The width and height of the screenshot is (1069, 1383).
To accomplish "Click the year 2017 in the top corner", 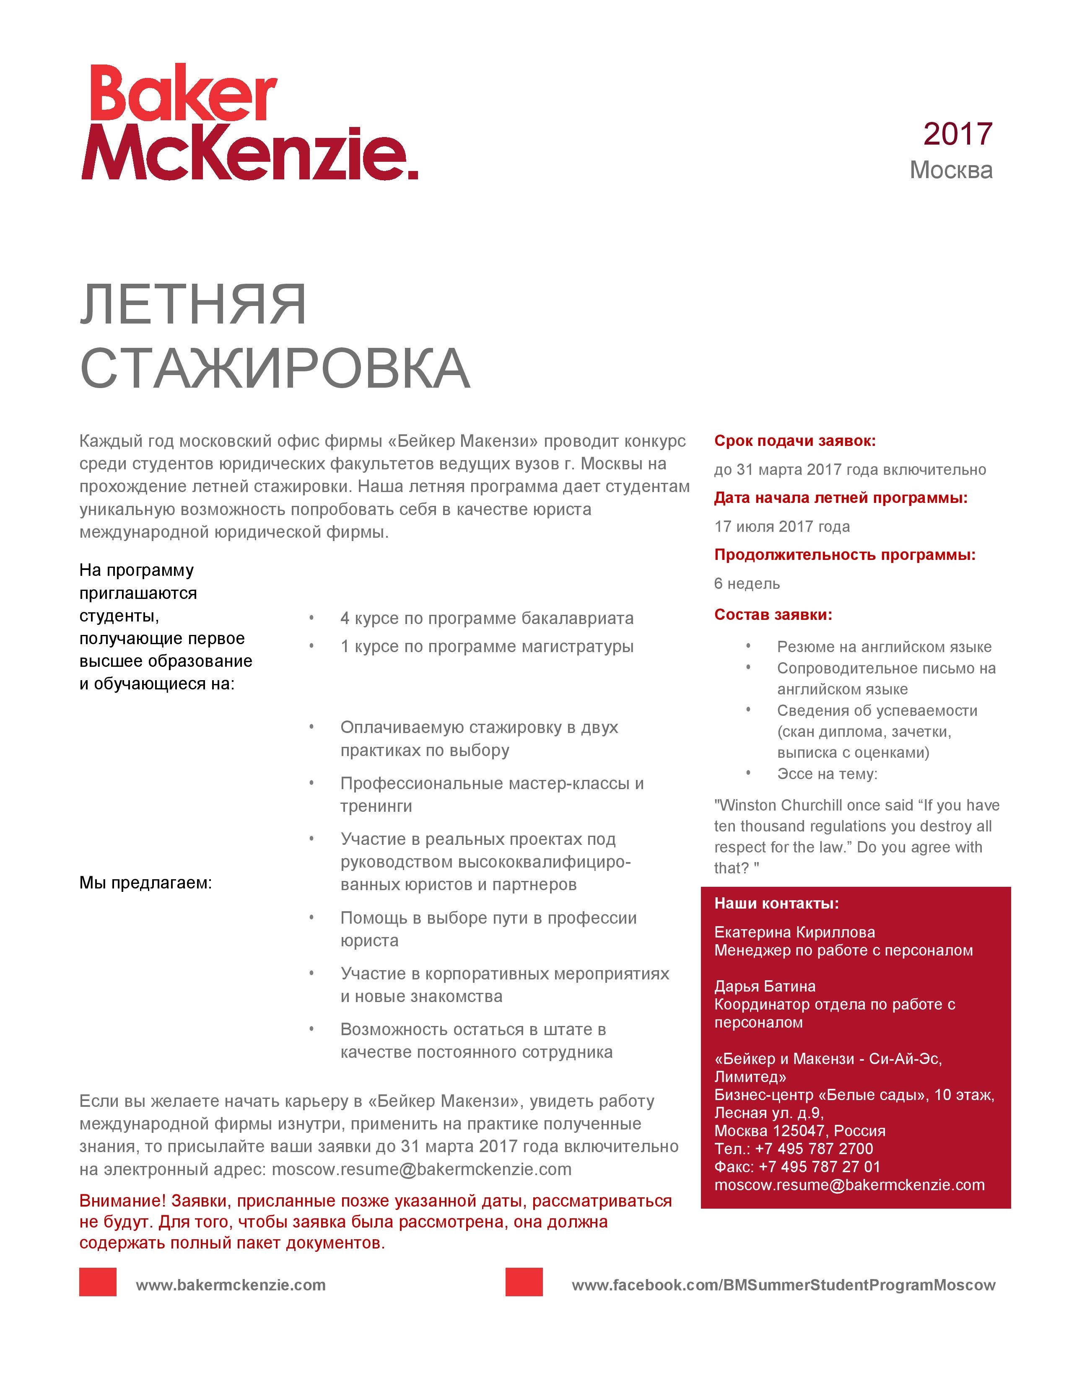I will pyautogui.click(x=957, y=134).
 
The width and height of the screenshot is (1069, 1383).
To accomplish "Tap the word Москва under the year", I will pyautogui.click(x=951, y=170).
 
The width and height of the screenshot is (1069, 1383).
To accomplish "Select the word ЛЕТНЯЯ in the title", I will pyautogui.click(x=193, y=305).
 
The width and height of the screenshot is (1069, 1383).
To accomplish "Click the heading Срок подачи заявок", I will pyautogui.click(x=795, y=441).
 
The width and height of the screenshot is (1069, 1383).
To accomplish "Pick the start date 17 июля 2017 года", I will pyautogui.click(x=782, y=526).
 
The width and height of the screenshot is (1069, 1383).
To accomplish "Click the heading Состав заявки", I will pyautogui.click(x=773, y=614).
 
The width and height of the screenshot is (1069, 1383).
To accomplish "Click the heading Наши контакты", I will pyautogui.click(x=776, y=903).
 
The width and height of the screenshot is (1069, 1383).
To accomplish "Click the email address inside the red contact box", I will pyautogui.click(x=849, y=1185).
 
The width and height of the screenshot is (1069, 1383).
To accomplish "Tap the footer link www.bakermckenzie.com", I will pyautogui.click(x=231, y=1285).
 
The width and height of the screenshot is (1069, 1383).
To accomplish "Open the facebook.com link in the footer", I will pyautogui.click(x=784, y=1285).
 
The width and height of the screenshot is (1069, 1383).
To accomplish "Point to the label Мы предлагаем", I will pyautogui.click(x=145, y=883).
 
